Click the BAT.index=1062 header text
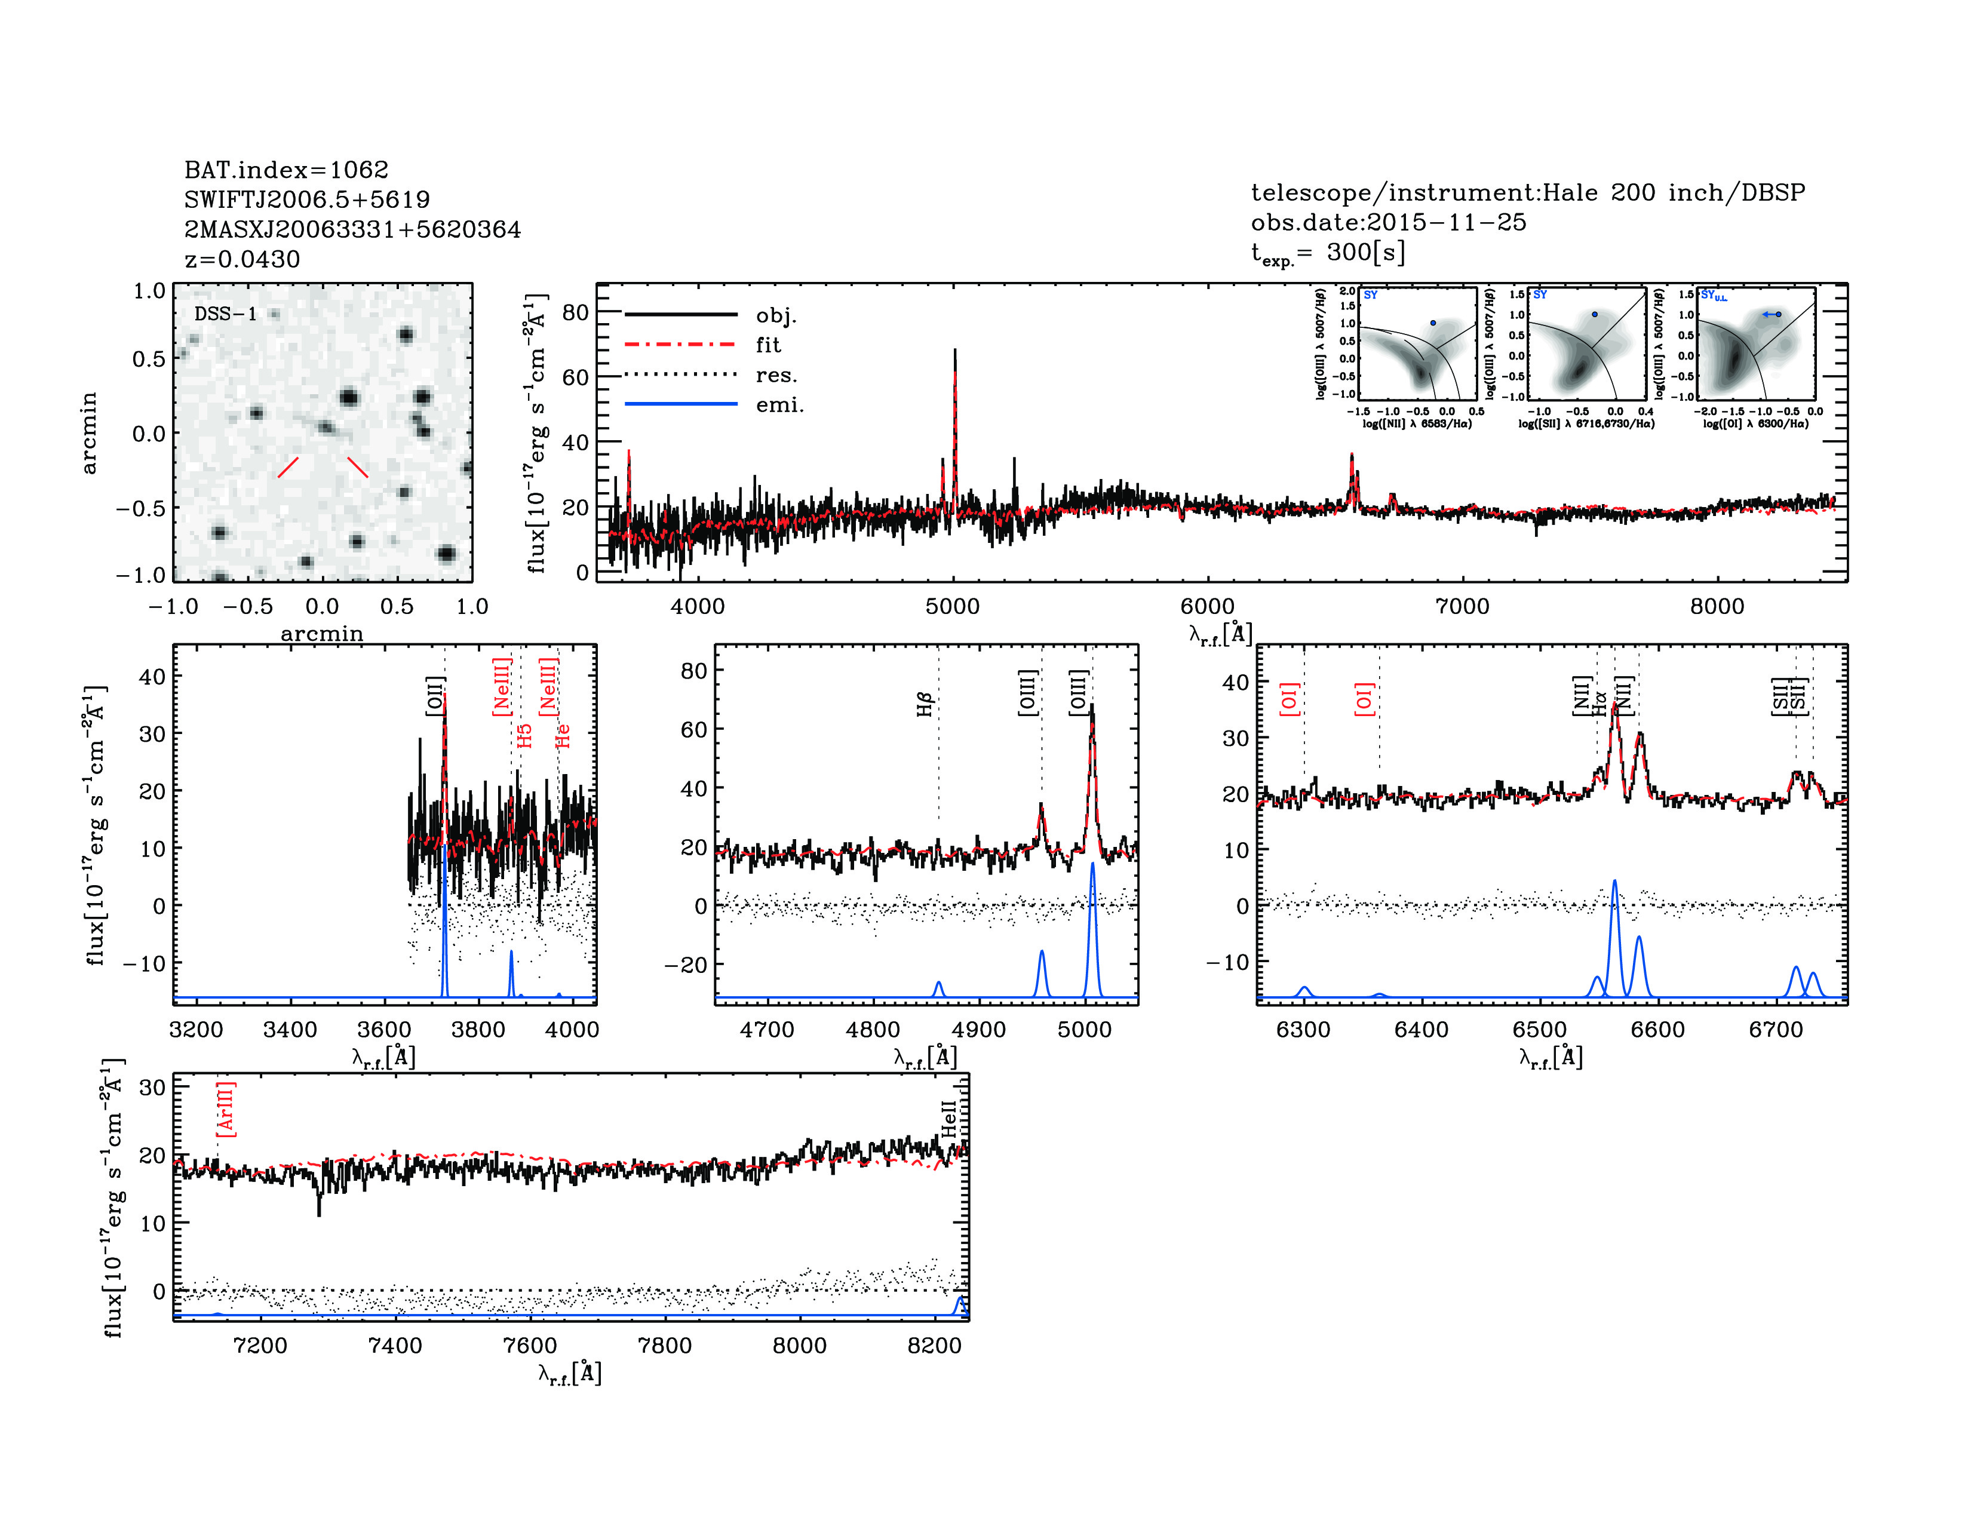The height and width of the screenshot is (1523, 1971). pos(286,170)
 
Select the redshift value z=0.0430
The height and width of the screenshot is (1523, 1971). pos(242,259)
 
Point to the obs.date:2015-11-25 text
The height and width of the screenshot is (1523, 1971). pos(1388,222)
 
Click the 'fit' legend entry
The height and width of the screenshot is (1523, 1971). pos(768,345)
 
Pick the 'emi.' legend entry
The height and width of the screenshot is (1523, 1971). pos(779,405)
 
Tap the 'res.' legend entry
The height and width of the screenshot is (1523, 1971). pos(776,374)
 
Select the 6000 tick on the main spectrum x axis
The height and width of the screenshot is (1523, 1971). pos(1208,606)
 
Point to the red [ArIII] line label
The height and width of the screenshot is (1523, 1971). pos(226,1109)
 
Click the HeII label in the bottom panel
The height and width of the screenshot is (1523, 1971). pos(948,1119)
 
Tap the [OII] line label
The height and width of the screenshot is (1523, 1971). pos(435,696)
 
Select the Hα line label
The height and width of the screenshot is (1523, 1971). pos(1599,704)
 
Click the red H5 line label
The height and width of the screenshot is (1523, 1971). pos(525,735)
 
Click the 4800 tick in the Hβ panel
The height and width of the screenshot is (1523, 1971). pos(873,1030)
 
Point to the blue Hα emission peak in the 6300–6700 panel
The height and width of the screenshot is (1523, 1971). pos(1614,882)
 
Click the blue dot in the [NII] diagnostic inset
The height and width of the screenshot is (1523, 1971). pos(1432,322)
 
